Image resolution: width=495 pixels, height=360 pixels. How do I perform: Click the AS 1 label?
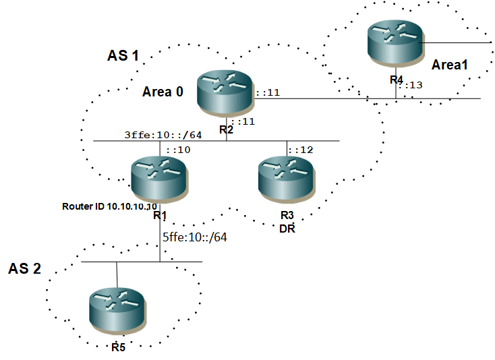pyautogui.click(x=123, y=55)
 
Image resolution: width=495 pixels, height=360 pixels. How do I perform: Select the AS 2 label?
pyautogui.click(x=25, y=270)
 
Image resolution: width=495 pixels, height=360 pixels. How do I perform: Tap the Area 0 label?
pyautogui.click(x=163, y=91)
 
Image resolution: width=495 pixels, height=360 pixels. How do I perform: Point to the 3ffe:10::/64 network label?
pyautogui.click(x=153, y=135)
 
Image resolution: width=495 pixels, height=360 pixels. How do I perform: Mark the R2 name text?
pyautogui.click(x=225, y=129)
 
